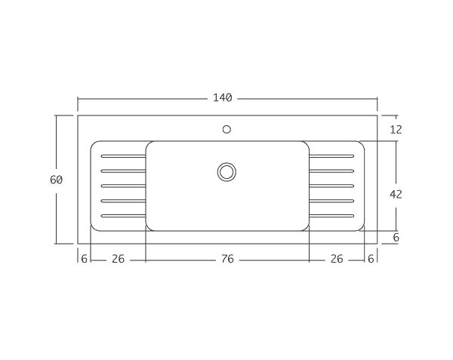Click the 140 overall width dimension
[222, 98]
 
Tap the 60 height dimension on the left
[56, 180]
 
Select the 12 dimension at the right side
[396, 130]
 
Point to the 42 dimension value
[396, 194]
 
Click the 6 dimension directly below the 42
[396, 237]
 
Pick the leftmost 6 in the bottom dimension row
[83, 259]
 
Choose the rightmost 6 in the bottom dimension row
[371, 259]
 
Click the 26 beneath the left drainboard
[118, 259]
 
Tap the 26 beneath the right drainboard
[337, 259]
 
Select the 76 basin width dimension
[227, 259]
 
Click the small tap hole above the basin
[226, 129]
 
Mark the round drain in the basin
[226, 171]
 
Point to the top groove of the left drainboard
[123, 156]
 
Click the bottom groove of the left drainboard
[123, 216]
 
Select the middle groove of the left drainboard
[123, 186]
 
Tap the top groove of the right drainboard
[331, 156]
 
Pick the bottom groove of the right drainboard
[331, 216]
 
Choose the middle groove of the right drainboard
[331, 186]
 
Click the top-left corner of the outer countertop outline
[78, 115]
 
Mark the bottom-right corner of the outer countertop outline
[377, 243]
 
